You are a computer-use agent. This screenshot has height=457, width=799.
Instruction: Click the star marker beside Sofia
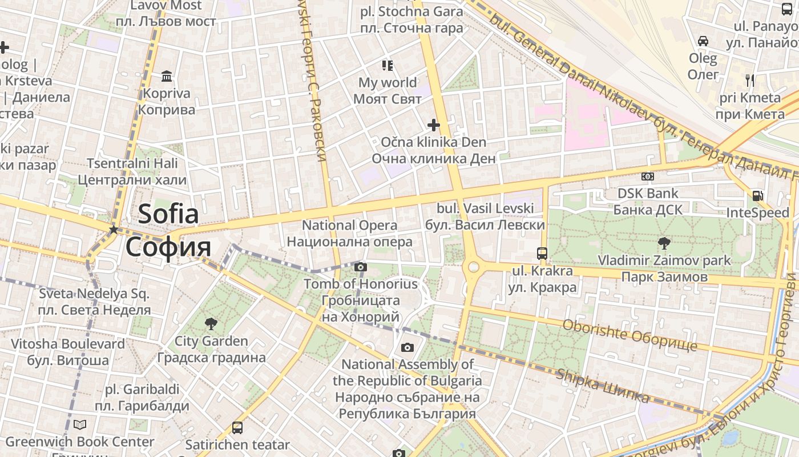pyautogui.click(x=114, y=230)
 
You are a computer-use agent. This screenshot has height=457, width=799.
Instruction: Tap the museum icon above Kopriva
pyautogui.click(x=167, y=76)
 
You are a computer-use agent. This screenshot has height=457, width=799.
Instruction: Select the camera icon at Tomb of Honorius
pyautogui.click(x=360, y=267)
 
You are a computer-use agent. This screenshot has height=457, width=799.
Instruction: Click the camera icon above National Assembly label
pyautogui.click(x=407, y=347)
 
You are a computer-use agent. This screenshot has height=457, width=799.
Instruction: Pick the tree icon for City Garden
pyautogui.click(x=211, y=324)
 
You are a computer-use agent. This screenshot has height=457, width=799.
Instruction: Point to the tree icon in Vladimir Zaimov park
pyautogui.click(x=664, y=243)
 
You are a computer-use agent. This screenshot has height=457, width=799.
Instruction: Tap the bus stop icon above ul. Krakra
pyautogui.click(x=542, y=253)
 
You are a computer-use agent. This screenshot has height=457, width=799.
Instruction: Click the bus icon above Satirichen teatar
pyautogui.click(x=237, y=427)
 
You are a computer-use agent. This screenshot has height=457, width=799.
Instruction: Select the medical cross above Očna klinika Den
pyautogui.click(x=433, y=125)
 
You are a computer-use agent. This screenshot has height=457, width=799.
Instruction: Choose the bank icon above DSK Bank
pyautogui.click(x=647, y=177)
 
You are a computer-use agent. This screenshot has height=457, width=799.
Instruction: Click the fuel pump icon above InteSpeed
pyautogui.click(x=757, y=195)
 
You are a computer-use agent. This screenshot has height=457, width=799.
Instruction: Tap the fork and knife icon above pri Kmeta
pyautogui.click(x=749, y=81)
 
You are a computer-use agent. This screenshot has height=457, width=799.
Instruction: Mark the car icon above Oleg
pyautogui.click(x=703, y=41)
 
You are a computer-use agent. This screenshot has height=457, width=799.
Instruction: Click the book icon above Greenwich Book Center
pyautogui.click(x=80, y=424)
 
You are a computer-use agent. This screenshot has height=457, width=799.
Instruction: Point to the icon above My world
pyautogui.click(x=388, y=66)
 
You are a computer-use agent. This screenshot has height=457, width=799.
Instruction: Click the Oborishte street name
pyautogui.click(x=629, y=335)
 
